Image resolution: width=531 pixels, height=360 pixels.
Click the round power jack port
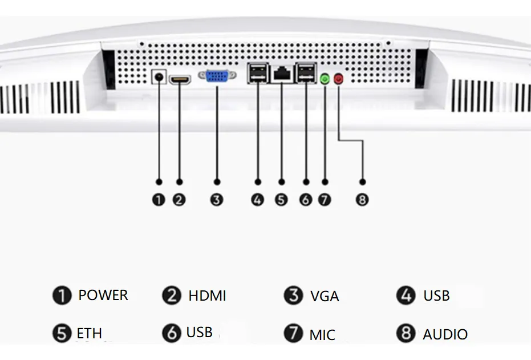click(x=159, y=77)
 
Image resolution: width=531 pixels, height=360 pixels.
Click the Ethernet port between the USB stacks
click(x=282, y=74)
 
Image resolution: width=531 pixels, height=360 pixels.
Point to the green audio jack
click(x=325, y=79)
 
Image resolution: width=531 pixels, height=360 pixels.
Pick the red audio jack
click(x=339, y=79)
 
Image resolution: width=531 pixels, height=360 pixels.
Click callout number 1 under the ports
click(x=159, y=200)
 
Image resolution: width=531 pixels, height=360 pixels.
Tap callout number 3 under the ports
click(x=217, y=200)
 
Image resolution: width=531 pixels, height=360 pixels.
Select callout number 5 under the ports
click(x=281, y=200)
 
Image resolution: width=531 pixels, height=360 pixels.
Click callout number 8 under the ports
click(x=362, y=200)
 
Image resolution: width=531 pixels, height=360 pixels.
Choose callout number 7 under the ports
click(x=325, y=200)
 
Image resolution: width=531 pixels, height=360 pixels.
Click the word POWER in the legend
click(x=103, y=296)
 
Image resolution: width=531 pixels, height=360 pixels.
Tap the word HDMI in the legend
click(x=207, y=296)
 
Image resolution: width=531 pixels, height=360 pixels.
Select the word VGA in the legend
click(x=325, y=297)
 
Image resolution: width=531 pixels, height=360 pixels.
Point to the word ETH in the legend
click(x=90, y=333)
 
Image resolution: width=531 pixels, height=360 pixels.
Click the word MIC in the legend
click(x=322, y=334)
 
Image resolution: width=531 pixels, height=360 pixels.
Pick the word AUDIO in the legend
click(x=445, y=334)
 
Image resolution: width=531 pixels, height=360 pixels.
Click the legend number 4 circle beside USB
click(x=406, y=296)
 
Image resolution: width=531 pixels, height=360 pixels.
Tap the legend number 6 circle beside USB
click(x=171, y=333)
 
